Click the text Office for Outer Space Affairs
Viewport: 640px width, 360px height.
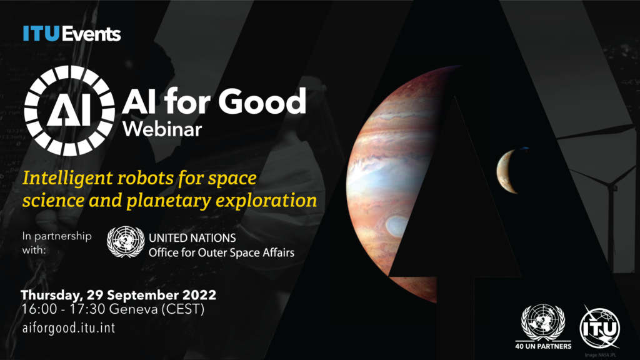click(221, 253)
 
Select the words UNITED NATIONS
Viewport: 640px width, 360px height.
click(192, 238)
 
